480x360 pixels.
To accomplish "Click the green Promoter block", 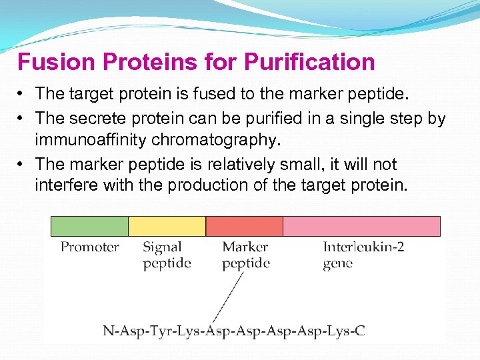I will click(x=89, y=226).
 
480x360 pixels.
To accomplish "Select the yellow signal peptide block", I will click(x=167, y=226).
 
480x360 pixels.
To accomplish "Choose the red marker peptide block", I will click(x=244, y=226).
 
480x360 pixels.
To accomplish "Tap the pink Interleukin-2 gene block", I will click(x=361, y=226).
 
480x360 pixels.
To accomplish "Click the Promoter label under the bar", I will click(x=90, y=247).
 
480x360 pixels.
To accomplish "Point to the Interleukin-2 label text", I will click(x=363, y=247).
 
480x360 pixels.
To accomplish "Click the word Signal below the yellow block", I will click(x=162, y=247).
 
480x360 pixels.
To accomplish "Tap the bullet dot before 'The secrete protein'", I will click(x=22, y=119).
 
